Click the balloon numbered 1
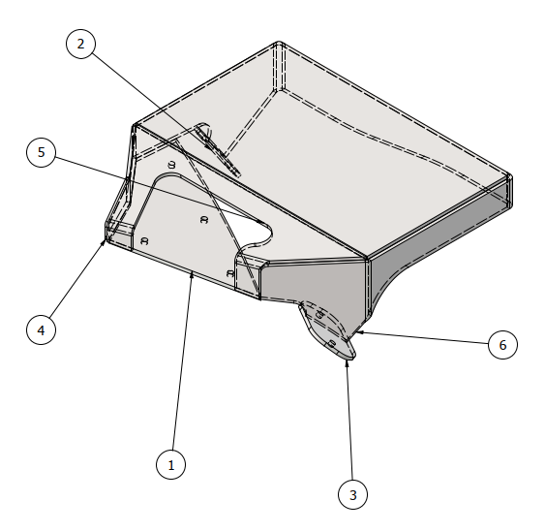(x=170, y=464)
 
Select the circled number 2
(x=80, y=44)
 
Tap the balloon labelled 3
(x=352, y=494)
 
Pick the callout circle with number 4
(x=41, y=329)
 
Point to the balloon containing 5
(x=41, y=152)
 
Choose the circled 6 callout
(x=502, y=345)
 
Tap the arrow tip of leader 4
(x=105, y=240)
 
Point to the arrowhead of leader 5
(x=263, y=222)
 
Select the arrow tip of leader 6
(x=356, y=332)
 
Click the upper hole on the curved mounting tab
(x=319, y=315)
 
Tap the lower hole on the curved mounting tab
(x=332, y=344)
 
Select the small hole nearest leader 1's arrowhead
(x=229, y=273)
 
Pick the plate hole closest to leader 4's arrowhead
(x=144, y=240)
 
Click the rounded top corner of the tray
(x=279, y=44)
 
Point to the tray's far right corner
(x=510, y=177)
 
